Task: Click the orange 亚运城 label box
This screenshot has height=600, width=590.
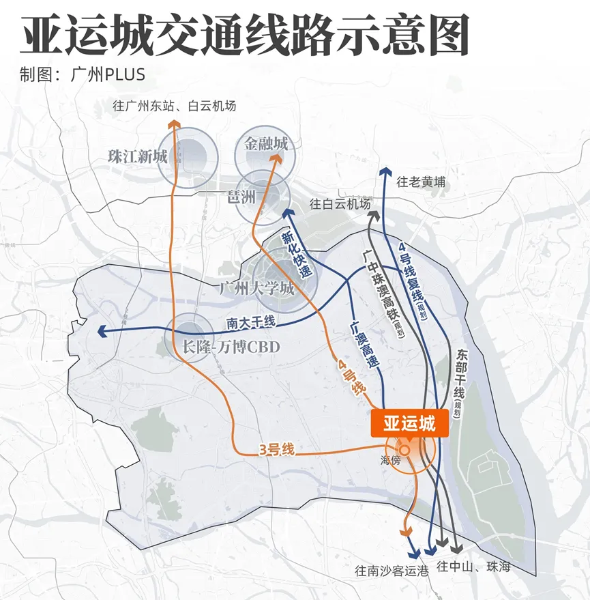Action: click(409, 423)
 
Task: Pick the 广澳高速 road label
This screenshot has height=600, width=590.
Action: click(361, 345)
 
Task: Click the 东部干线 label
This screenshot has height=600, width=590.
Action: click(460, 377)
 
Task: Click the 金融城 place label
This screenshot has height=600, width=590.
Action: click(266, 144)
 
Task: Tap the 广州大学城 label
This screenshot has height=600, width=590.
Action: click(256, 288)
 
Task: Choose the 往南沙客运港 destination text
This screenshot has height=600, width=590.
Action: click(392, 571)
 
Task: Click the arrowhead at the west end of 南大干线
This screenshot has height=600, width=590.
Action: click(103, 332)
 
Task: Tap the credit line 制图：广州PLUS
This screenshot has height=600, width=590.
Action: click(83, 74)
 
